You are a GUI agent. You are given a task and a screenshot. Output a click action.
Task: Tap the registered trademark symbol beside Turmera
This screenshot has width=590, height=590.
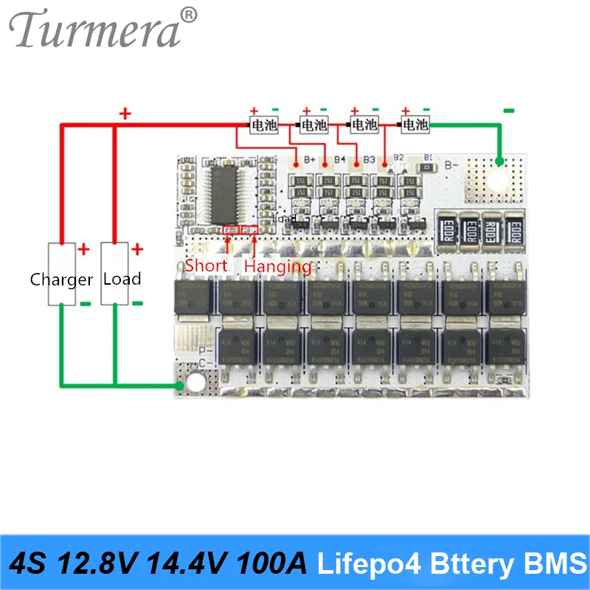coord(190,14)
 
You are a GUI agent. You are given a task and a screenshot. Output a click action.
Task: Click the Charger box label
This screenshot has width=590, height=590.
coord(61,280)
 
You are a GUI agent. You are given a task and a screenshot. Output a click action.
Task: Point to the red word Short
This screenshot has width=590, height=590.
coord(206,265)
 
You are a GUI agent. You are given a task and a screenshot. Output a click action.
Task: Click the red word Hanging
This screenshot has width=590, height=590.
coord(277,265)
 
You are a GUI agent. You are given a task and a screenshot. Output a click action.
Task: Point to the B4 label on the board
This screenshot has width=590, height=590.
coord(339,159)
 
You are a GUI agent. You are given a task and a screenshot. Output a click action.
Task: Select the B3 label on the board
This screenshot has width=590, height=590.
coord(369,159)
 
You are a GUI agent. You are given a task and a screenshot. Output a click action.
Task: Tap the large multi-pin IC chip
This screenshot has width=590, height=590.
coord(231,194)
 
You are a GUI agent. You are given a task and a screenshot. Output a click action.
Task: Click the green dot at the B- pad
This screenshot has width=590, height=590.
coord(499,161)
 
